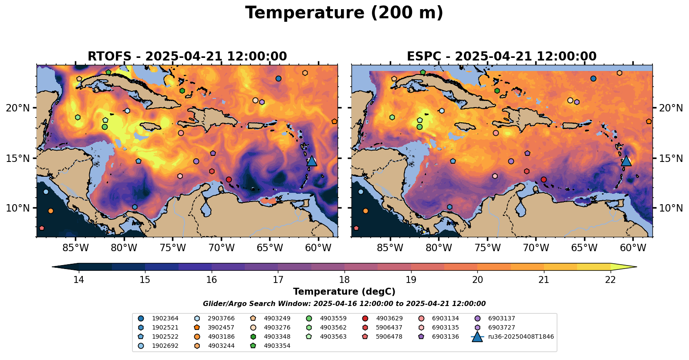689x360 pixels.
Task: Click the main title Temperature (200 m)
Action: click(344, 13)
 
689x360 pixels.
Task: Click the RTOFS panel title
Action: click(187, 57)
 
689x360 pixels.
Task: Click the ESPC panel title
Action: click(502, 57)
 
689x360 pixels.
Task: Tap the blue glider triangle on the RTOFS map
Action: click(311, 161)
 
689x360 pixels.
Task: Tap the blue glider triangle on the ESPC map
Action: click(626, 161)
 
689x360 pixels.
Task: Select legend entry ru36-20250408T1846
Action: click(521, 336)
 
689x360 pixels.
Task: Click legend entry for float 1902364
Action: click(165, 318)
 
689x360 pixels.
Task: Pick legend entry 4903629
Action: click(389, 318)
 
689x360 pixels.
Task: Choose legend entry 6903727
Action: click(501, 327)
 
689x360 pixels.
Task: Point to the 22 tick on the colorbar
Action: click(610, 279)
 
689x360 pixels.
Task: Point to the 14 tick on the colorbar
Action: click(78, 279)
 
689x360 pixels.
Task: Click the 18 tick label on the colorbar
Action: click(344, 279)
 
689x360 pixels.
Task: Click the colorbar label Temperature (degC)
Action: click(344, 292)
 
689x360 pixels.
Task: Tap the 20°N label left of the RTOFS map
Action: click(18, 108)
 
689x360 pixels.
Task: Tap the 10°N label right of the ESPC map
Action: click(671, 208)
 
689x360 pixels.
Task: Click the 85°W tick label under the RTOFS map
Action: click(76, 248)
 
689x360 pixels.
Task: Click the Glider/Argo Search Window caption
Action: click(344, 304)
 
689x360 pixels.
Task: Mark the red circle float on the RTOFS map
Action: click(229, 179)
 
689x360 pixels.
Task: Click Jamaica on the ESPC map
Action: click(464, 126)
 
